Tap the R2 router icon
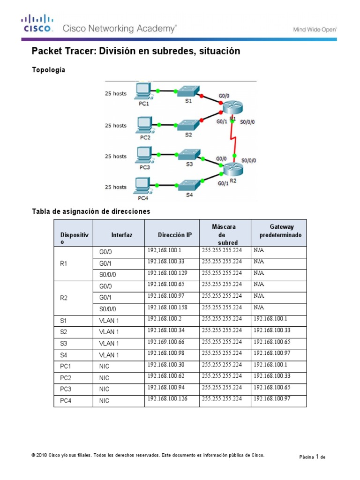232,169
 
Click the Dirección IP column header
172,234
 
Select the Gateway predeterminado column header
278,231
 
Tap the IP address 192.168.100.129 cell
172,273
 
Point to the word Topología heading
48,70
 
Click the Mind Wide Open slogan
315,29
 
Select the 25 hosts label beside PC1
115,94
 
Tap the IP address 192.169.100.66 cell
172,342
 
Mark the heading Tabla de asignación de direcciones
91,211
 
